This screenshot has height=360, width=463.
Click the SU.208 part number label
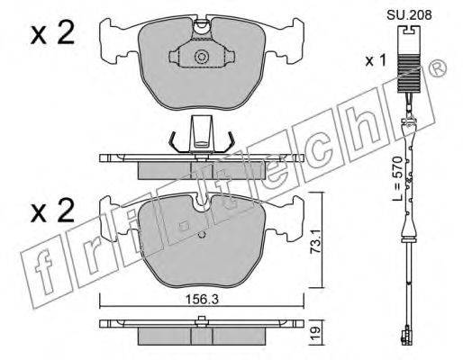pyautogui.click(x=409, y=14)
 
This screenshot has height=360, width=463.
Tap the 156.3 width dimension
pyautogui.click(x=201, y=299)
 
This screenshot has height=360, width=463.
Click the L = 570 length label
pyautogui.click(x=397, y=178)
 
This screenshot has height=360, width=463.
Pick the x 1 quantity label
pyautogui.click(x=375, y=61)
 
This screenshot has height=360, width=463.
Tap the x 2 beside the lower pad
pyautogui.click(x=52, y=211)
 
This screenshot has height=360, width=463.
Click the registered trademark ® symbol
pyautogui.click(x=438, y=68)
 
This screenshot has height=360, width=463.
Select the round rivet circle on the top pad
pyautogui.click(x=201, y=57)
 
